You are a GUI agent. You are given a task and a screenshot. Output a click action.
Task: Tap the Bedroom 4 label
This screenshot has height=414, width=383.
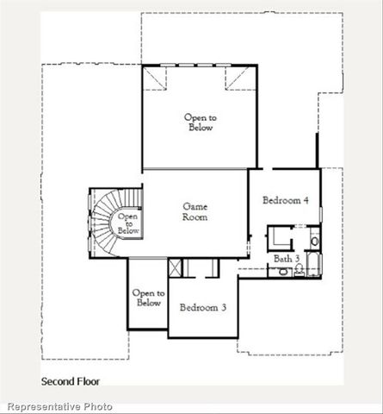(x=285, y=201)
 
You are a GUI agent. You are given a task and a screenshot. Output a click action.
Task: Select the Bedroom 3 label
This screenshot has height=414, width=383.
(x=203, y=308)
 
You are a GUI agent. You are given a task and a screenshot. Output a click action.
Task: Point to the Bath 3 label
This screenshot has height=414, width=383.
(x=286, y=258)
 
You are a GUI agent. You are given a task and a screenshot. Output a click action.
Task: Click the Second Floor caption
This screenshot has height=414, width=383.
(x=71, y=380)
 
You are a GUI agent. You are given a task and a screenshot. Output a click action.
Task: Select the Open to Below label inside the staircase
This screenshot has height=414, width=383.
(x=127, y=224)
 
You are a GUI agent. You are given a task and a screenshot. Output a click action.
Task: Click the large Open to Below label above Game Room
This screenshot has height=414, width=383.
(x=199, y=122)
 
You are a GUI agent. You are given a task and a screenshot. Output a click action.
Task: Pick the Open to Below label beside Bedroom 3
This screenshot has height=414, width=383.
(x=147, y=298)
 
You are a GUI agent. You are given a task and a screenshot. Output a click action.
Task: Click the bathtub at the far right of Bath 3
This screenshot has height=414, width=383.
(x=313, y=263)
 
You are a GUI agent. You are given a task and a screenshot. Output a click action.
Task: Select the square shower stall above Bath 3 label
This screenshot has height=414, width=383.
(x=279, y=236)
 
